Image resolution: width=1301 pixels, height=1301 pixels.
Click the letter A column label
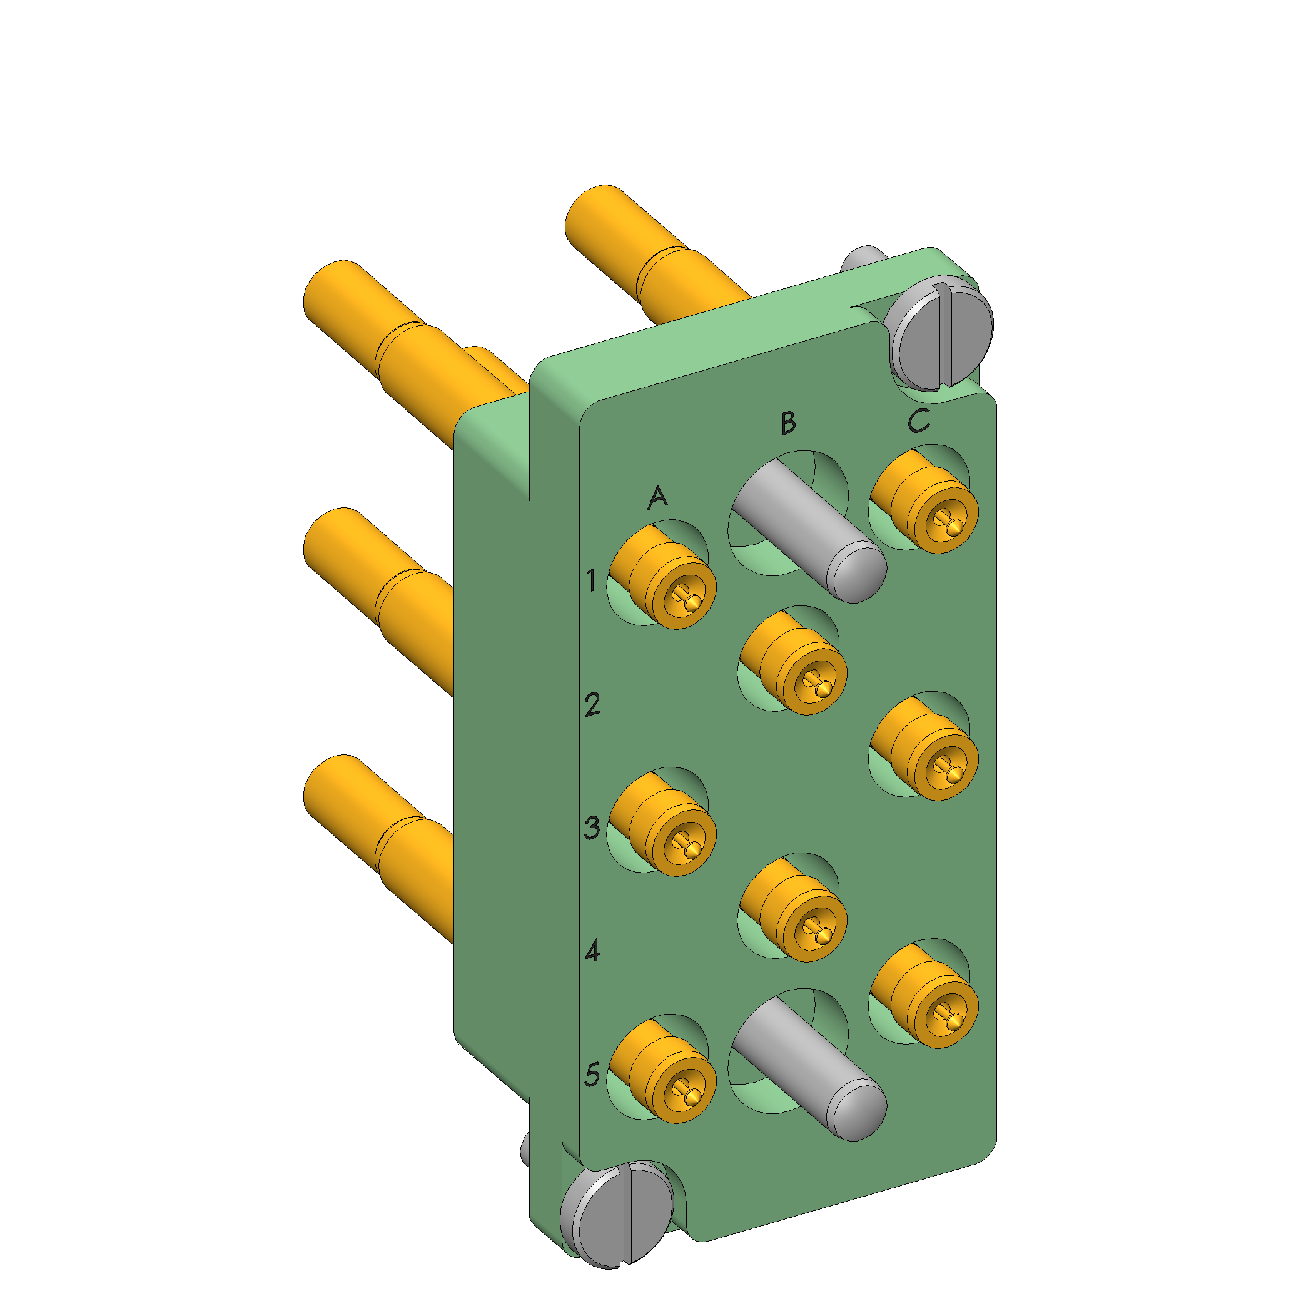pos(657,498)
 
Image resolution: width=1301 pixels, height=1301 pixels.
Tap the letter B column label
pos(788,423)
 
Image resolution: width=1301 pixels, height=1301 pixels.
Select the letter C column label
pos(918,420)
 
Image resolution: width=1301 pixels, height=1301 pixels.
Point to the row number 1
pos(591,580)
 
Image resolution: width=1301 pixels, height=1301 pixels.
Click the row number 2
pos(592,705)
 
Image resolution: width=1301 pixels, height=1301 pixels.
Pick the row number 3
pos(592,828)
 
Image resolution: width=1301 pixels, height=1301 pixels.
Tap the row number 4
pos(592,951)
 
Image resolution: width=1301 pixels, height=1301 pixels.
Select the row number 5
pos(592,1075)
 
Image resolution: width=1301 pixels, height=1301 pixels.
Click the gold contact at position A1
pos(662,578)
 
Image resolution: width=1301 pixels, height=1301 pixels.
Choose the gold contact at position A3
pos(662,824)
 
